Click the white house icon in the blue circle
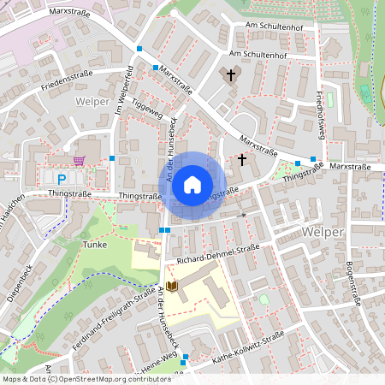[192, 185]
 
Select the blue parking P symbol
[62, 179]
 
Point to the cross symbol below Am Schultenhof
[229, 75]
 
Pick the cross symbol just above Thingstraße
[242, 159]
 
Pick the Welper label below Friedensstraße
[92, 101]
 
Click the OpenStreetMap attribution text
[86, 378]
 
